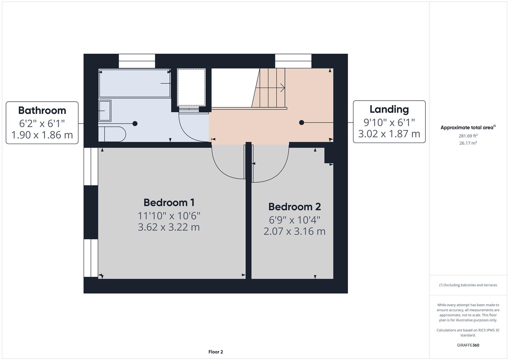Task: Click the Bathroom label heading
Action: click(x=42, y=110)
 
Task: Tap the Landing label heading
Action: click(x=389, y=109)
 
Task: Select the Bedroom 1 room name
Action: click(x=169, y=202)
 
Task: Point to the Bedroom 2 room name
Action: click(x=294, y=207)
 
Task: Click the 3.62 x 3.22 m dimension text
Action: click(x=169, y=227)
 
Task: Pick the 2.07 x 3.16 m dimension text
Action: click(x=294, y=231)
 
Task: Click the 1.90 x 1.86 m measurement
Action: click(x=42, y=135)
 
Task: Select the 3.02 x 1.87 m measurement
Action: click(x=389, y=134)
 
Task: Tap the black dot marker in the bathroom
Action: click(x=135, y=124)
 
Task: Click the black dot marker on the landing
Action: click(x=302, y=123)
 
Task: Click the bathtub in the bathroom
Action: click(x=134, y=83)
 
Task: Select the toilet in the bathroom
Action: click(x=113, y=134)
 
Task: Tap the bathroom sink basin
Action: click(x=105, y=111)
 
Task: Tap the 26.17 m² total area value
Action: click(x=468, y=143)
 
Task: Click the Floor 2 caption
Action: click(x=216, y=352)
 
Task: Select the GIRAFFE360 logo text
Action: click(x=468, y=345)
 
